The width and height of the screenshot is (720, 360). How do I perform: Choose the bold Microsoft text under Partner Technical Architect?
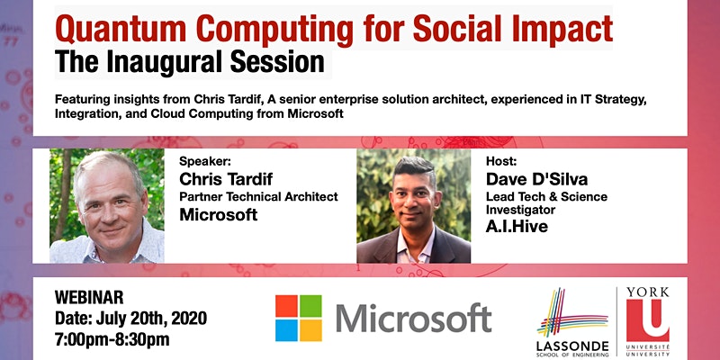coord(219,214)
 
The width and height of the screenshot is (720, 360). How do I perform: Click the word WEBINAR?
coord(89,297)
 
